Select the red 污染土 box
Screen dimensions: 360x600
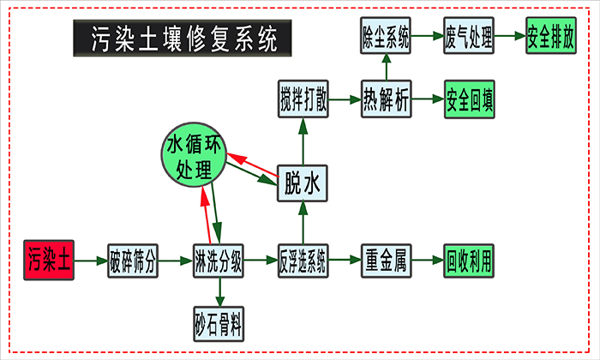pyautogui.click(x=48, y=260)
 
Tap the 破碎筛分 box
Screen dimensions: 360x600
pyautogui.click(x=133, y=260)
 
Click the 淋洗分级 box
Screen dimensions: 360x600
pyautogui.click(x=219, y=260)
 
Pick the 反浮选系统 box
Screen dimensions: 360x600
pyautogui.click(x=303, y=260)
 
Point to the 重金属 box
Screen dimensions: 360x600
pyautogui.click(x=386, y=260)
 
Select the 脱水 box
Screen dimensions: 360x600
pyautogui.click(x=303, y=182)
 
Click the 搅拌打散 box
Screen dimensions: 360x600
pyautogui.click(x=303, y=100)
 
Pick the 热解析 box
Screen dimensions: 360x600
pyautogui.click(x=386, y=100)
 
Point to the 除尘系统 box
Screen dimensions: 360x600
pyautogui.click(x=386, y=38)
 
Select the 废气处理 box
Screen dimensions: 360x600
pyautogui.click(x=469, y=38)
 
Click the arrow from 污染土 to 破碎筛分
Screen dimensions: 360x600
pyautogui.click(x=90, y=260)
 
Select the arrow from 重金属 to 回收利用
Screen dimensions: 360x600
pyautogui.click(x=428, y=260)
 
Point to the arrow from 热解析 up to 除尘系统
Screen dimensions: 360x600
pyautogui.click(x=386, y=69)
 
